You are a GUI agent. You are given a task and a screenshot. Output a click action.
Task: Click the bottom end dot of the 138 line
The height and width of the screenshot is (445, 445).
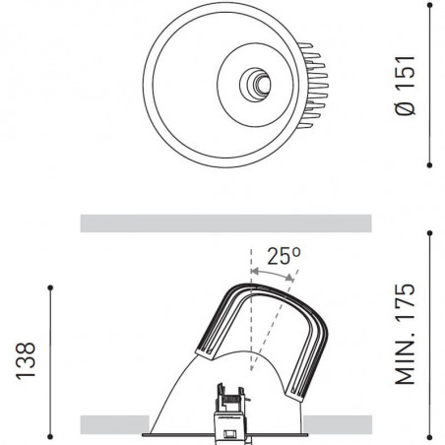click(49, 435)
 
